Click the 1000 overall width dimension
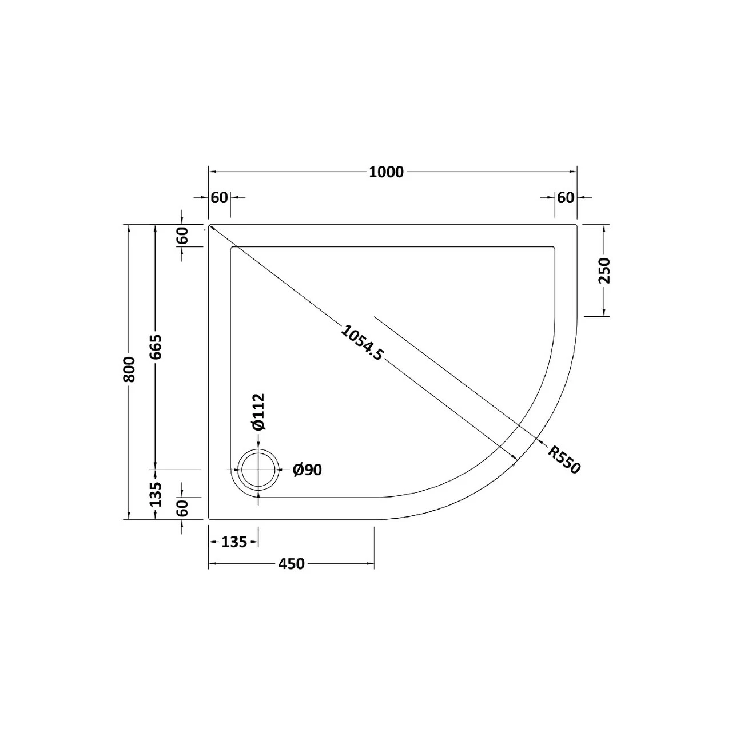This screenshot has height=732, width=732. (386, 172)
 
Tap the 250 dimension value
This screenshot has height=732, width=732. (604, 271)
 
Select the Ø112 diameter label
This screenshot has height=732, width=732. (258, 412)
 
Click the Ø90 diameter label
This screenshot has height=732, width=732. (307, 470)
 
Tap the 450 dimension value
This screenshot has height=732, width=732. (292, 564)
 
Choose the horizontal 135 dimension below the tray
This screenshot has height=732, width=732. (234, 542)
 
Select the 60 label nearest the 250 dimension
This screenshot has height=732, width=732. (566, 197)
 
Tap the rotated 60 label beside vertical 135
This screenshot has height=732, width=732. (182, 508)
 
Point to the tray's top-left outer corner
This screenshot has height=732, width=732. (209, 225)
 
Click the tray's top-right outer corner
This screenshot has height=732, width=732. (576, 225)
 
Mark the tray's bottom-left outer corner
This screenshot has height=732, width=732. (209, 519)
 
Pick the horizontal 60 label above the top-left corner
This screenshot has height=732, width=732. (219, 197)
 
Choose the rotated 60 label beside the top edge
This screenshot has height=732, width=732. (182, 236)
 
